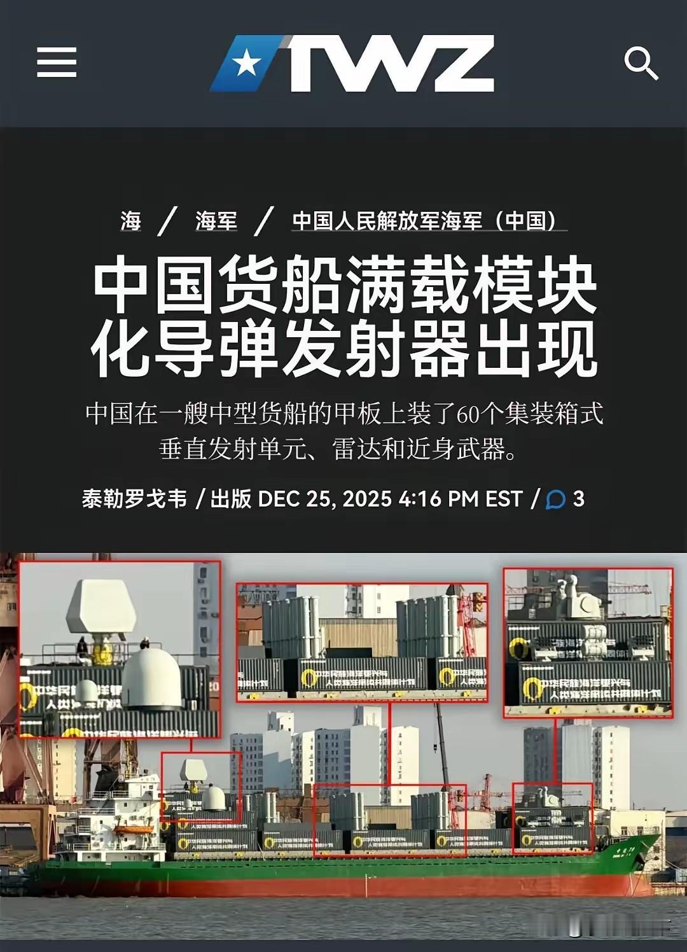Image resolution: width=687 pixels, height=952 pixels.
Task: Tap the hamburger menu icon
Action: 57,62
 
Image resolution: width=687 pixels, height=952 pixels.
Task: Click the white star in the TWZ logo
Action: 246,64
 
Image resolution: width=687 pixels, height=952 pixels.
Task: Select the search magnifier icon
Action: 640,64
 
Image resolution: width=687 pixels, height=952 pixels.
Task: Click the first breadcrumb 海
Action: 130,221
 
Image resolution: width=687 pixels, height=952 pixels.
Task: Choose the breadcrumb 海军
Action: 216,221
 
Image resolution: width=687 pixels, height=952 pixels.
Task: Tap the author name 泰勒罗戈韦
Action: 134,498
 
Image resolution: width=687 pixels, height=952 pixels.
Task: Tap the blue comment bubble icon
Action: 555,500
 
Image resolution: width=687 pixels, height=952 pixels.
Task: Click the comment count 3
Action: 578,498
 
